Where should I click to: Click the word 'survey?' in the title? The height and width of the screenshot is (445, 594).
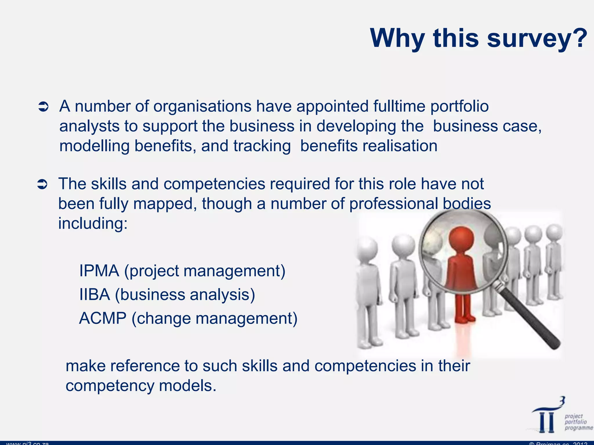537,38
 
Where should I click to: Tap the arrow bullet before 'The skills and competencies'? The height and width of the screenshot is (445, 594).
42,185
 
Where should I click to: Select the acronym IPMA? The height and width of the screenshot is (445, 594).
99,271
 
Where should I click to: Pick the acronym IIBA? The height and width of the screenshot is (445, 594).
95,295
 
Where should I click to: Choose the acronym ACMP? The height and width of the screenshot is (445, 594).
103,318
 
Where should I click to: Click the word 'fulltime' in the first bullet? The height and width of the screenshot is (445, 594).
399,106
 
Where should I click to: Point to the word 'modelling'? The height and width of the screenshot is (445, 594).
94,146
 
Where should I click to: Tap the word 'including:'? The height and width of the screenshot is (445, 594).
93,223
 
